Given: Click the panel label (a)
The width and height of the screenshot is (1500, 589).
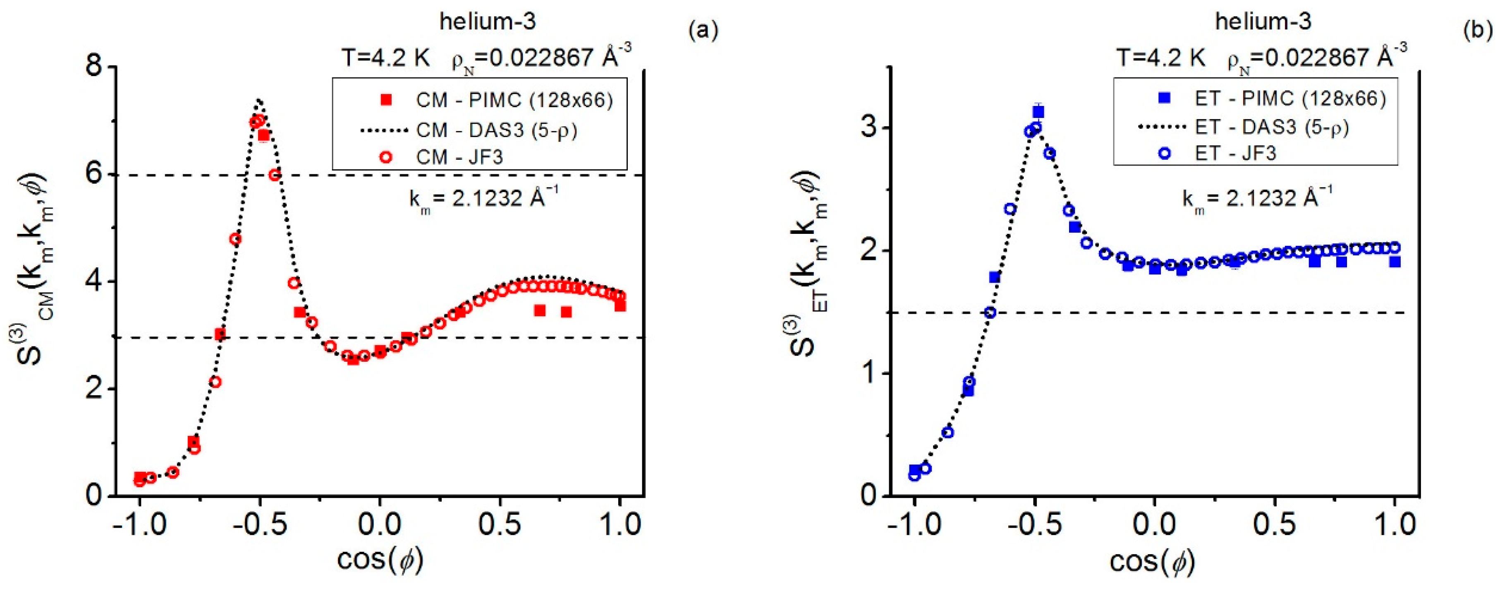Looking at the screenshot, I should [703, 30].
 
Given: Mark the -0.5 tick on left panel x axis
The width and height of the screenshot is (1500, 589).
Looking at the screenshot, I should [260, 525].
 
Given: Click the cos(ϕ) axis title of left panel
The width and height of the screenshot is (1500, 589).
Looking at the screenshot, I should [380, 559].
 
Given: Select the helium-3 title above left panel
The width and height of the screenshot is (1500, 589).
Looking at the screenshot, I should [487, 22].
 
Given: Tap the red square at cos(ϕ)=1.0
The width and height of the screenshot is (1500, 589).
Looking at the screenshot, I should [620, 305].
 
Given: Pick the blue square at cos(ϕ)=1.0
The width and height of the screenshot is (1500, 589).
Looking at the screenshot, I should [1395, 262].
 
